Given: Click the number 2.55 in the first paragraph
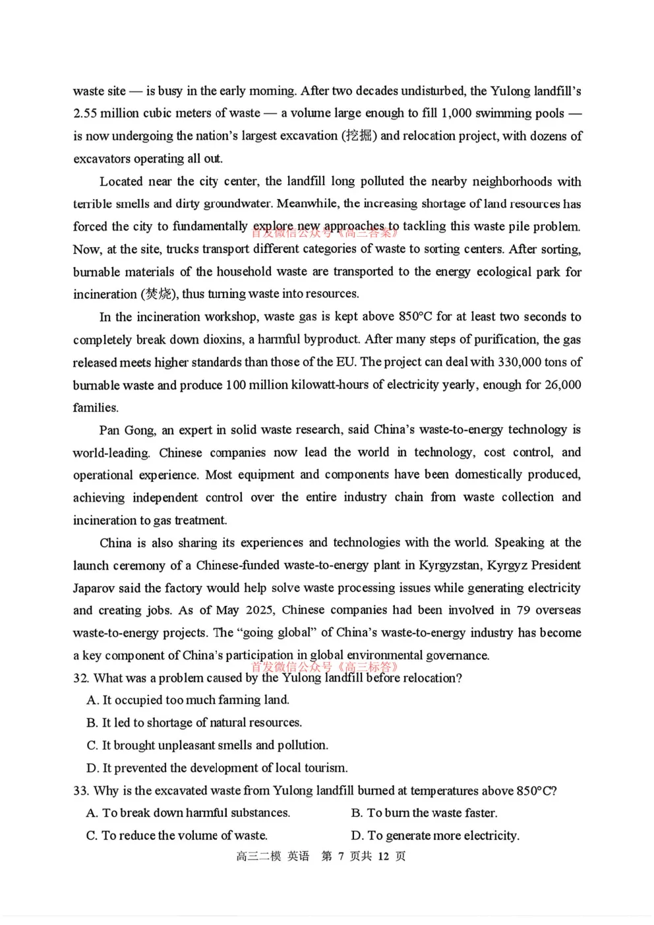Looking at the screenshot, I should pos(85,113).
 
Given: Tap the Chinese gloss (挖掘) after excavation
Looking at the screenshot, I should pos(359,136).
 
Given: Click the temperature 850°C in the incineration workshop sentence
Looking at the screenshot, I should pos(415,316).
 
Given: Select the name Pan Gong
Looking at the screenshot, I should pos(127,430).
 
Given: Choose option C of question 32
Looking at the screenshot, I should pos(207,745).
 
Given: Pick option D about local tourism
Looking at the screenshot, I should pos(217,768).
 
